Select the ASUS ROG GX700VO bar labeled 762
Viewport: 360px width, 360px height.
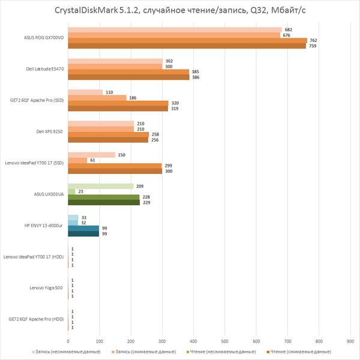pyautogui.click(x=187, y=40)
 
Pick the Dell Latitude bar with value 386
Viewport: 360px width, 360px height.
pyautogui.click(x=128, y=77)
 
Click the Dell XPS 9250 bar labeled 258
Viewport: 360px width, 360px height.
pyautogui.click(x=108, y=134)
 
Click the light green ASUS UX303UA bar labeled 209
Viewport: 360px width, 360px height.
pyautogui.click(x=101, y=186)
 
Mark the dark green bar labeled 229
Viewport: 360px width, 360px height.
pyautogui.click(x=104, y=203)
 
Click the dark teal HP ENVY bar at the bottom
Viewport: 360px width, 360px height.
pyautogui.click(x=83, y=234)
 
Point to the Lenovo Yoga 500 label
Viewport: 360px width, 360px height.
pyautogui.click(x=46, y=288)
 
